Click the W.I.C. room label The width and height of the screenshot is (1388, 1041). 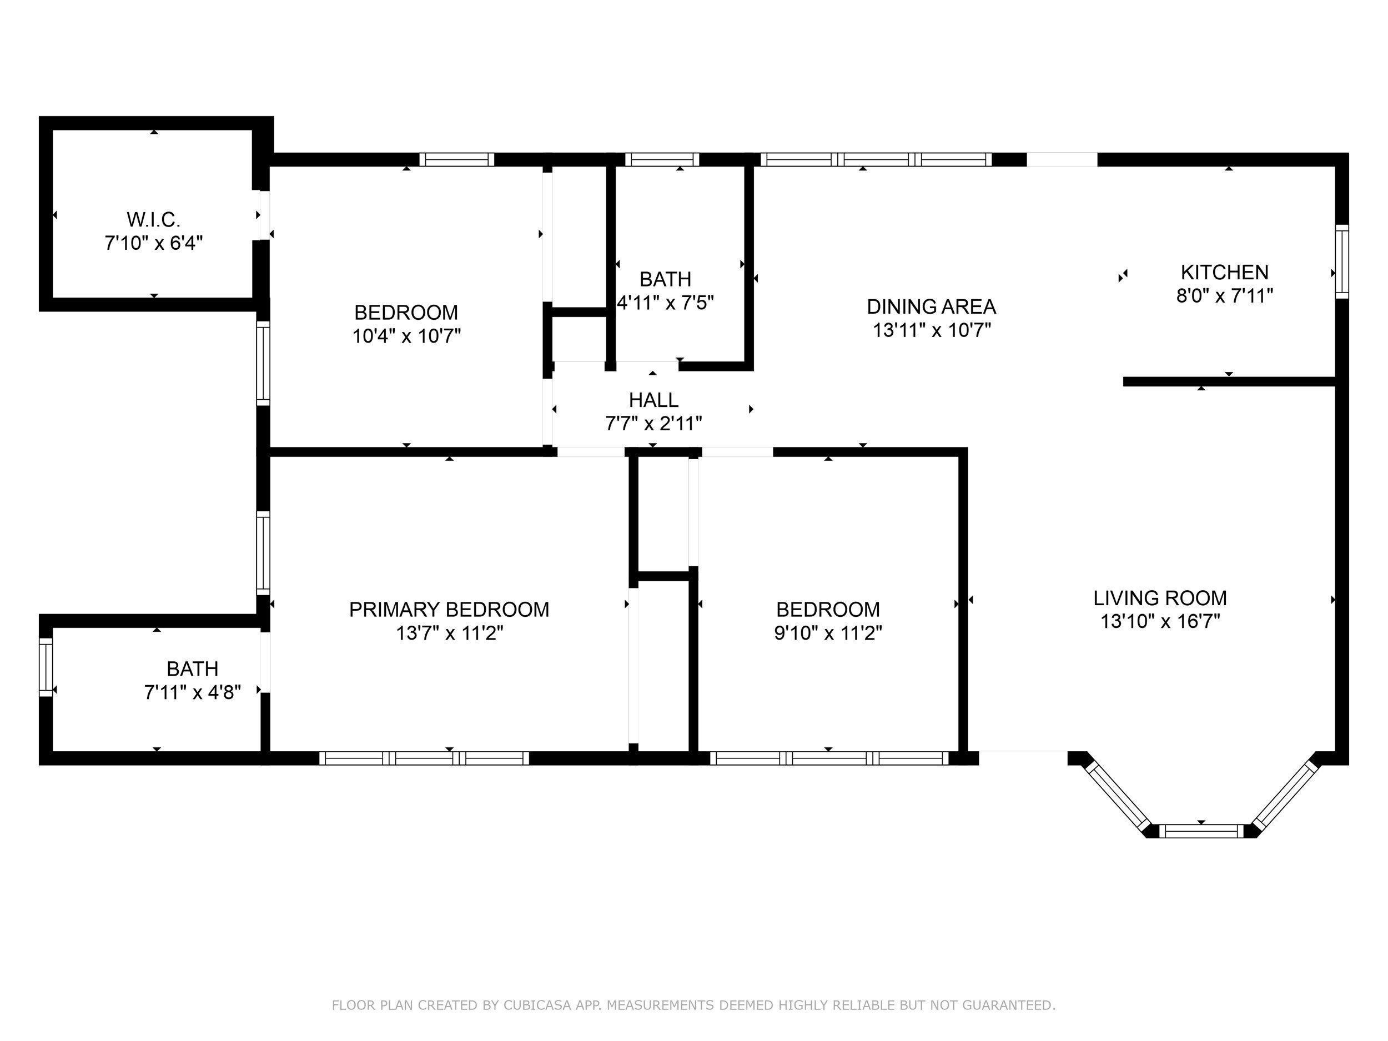[154, 220]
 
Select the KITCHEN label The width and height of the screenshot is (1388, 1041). [1225, 273]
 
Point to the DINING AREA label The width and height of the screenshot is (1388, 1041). [931, 307]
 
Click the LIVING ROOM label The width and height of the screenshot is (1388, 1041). [1160, 598]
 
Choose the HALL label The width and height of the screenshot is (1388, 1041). [654, 400]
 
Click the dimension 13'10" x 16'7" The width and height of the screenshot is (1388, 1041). [1160, 621]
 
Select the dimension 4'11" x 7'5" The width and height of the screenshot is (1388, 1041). [666, 303]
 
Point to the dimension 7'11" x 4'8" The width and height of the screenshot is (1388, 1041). [193, 692]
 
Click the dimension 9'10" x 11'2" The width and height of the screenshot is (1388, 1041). [828, 632]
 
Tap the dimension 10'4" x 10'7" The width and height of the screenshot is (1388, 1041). [406, 336]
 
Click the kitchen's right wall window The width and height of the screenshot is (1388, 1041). [1341, 261]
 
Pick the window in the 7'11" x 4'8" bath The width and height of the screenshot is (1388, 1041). [46, 667]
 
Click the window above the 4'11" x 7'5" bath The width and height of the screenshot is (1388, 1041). [662, 159]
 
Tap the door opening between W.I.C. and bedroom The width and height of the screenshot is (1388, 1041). [264, 215]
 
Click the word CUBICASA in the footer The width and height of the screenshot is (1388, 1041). [537, 1005]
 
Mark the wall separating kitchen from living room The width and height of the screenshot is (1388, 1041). [1229, 381]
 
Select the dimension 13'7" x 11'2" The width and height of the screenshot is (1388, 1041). [449, 632]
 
